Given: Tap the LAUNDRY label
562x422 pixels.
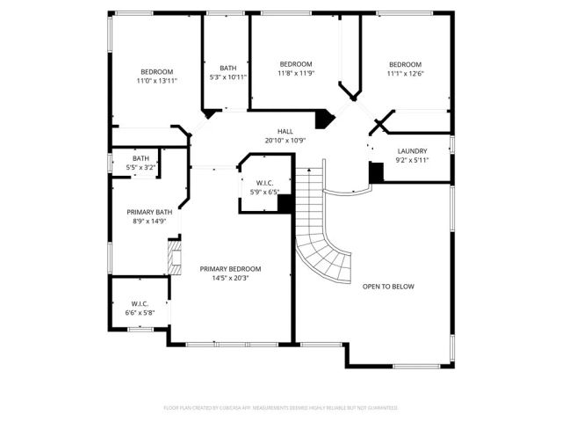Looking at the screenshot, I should point(412,151).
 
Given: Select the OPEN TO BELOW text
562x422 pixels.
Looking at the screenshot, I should point(388,287).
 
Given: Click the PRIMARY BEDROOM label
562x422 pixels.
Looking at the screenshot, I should point(230,269).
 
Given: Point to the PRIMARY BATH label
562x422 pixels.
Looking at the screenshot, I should point(149,212).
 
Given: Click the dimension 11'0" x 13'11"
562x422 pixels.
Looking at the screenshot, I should point(157,81).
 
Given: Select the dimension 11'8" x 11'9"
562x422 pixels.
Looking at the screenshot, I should point(296,74).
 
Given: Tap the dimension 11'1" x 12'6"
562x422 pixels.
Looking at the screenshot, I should point(406,74).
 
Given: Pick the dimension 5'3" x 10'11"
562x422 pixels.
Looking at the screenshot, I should point(228,77).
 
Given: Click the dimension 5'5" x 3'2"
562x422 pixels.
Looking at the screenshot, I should point(141,167).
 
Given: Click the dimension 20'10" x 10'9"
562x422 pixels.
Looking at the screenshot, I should point(285,141).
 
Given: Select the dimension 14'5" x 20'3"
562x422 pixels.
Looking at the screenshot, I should point(230,279).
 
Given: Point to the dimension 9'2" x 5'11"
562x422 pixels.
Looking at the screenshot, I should point(412,161).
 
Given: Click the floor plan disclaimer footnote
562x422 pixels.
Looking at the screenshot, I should point(281,408).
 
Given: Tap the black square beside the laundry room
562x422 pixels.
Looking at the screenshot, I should point(376,173).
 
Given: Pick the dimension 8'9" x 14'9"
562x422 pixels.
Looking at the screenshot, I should point(149,222).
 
